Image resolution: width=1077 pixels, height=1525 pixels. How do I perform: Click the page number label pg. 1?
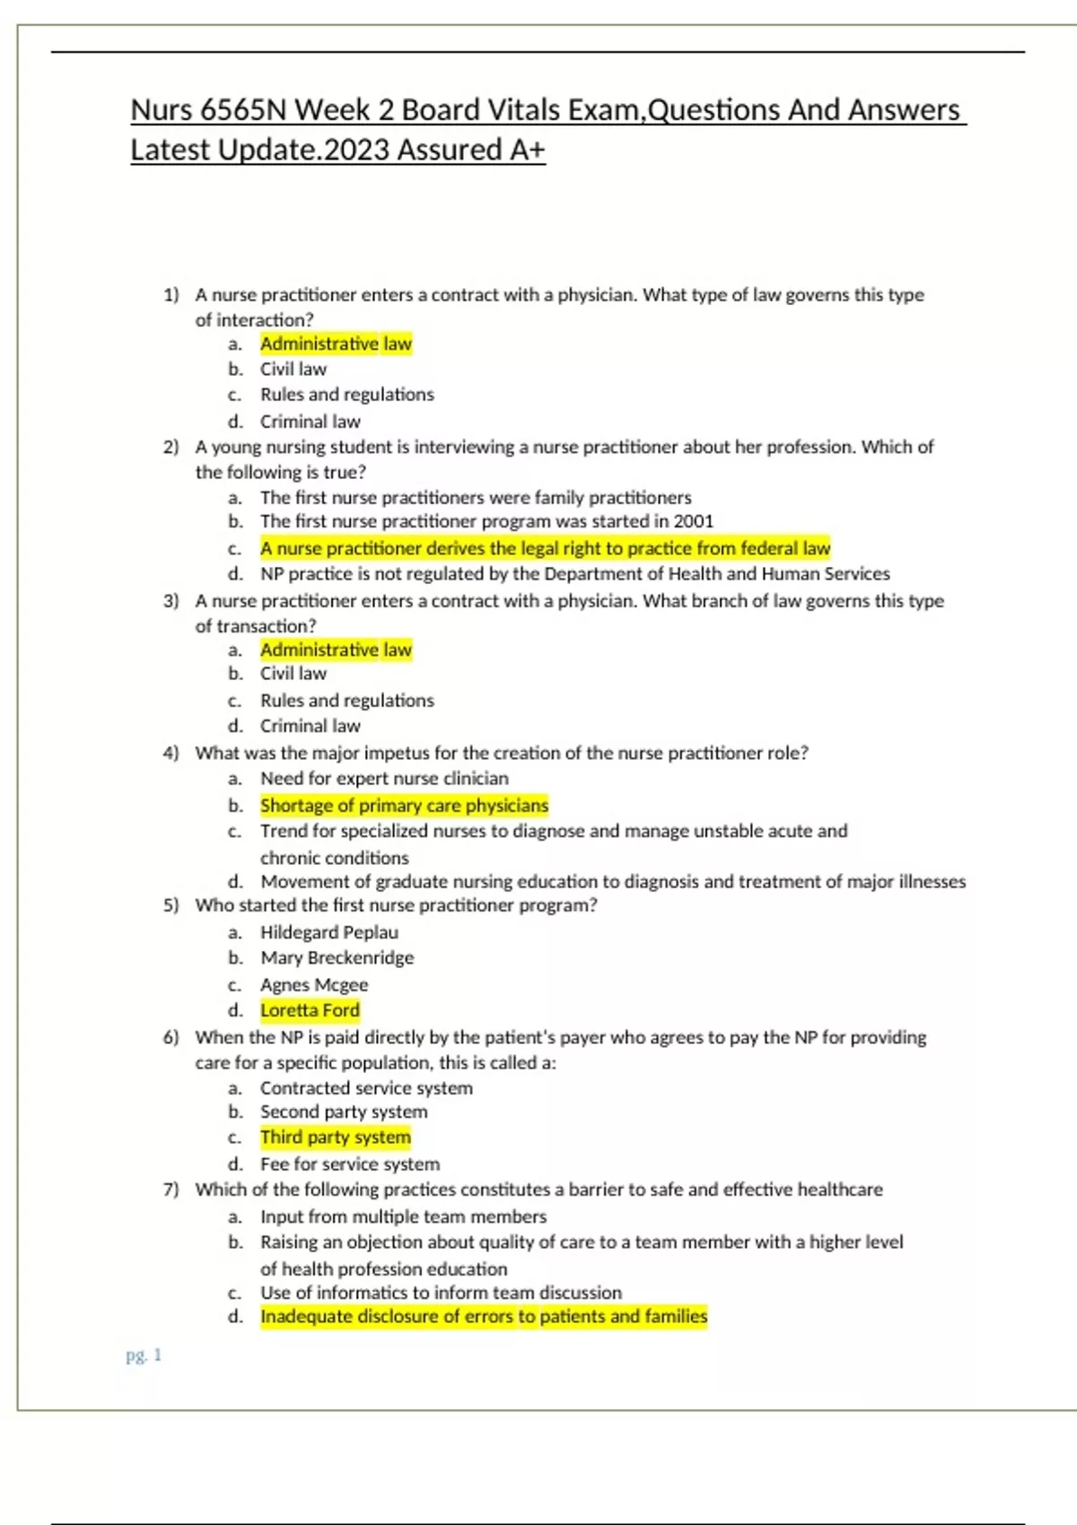pos(144,1355)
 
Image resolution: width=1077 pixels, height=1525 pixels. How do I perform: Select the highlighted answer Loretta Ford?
pos(310,1010)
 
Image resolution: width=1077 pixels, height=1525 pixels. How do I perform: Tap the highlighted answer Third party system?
pos(336,1137)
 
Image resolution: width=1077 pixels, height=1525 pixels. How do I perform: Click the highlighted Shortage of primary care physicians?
pos(404,806)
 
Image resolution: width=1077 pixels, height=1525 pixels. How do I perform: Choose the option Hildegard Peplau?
pos(329,932)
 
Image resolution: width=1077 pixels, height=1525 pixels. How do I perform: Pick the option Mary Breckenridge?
pos(337,958)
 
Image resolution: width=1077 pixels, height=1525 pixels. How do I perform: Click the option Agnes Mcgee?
pos(314,985)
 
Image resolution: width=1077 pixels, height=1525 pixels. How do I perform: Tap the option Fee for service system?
pos(350,1164)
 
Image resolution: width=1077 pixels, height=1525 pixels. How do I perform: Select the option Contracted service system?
pos(366,1088)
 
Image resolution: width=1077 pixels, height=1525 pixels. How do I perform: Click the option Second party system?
pos(344,1112)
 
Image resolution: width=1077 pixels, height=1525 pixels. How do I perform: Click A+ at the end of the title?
pos(527,150)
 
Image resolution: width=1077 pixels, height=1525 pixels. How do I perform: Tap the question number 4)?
pos(171,754)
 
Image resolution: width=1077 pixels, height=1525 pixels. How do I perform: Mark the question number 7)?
pos(171,1190)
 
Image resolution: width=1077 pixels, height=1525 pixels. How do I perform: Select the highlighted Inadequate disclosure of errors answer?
pos(484,1317)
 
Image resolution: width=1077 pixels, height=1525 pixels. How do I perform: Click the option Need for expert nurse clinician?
pos(384,779)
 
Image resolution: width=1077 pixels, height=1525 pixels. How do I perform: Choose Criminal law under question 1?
pos(310,422)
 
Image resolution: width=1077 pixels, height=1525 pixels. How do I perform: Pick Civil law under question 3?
pos(293,674)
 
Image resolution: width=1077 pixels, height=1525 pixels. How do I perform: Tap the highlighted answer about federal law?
pos(545,548)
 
